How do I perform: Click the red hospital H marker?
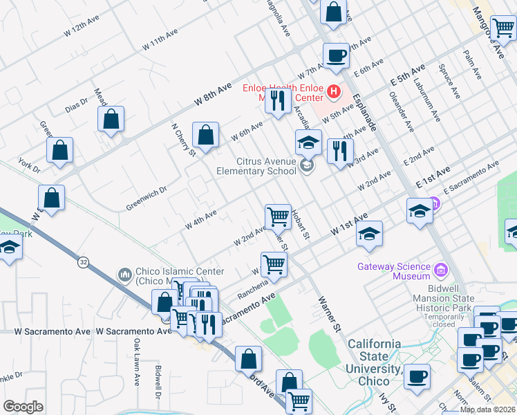click(x=334, y=91)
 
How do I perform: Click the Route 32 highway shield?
click(x=83, y=262)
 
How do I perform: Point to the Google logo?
click(x=23, y=407)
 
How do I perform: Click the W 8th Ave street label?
click(x=212, y=93)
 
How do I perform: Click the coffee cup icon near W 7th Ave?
click(x=337, y=57)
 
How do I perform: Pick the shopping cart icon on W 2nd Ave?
click(x=278, y=216)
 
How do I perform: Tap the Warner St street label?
click(x=330, y=311)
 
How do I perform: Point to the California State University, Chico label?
click(x=374, y=356)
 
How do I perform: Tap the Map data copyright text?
click(x=487, y=409)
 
